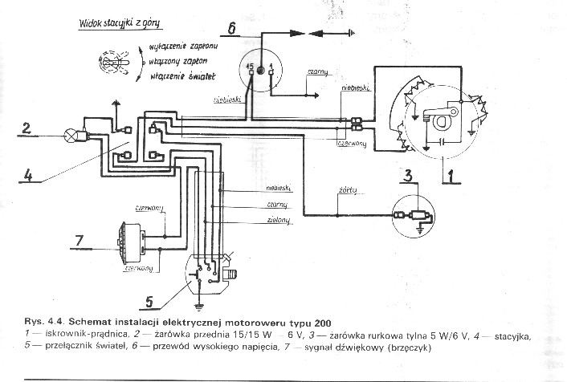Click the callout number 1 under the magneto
click(451, 172)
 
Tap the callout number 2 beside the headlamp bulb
click(26, 128)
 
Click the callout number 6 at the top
click(231, 31)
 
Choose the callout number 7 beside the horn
click(79, 240)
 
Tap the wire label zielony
click(278, 221)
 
